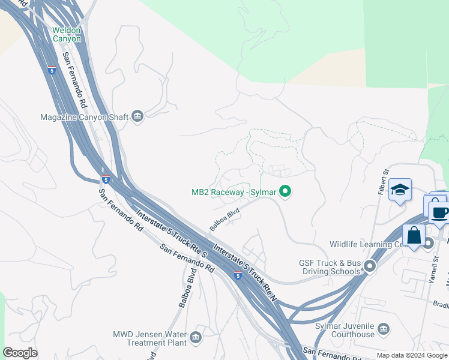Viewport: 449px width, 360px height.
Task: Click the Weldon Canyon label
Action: (66, 34)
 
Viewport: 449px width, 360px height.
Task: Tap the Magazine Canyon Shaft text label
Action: (84, 117)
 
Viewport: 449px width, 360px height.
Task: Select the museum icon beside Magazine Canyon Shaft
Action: (137, 116)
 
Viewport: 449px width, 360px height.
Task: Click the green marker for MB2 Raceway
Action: (286, 192)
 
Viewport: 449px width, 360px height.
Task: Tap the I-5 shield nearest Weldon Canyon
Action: (52, 70)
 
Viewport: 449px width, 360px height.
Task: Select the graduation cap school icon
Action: (400, 190)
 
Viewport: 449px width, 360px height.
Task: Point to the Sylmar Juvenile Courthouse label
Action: (345, 330)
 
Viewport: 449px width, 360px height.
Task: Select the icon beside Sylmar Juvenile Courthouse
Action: (384, 329)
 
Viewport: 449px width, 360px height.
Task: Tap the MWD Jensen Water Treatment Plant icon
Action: (195, 339)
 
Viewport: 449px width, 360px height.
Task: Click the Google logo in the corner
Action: (20, 353)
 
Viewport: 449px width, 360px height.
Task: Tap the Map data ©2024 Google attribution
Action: (412, 355)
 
